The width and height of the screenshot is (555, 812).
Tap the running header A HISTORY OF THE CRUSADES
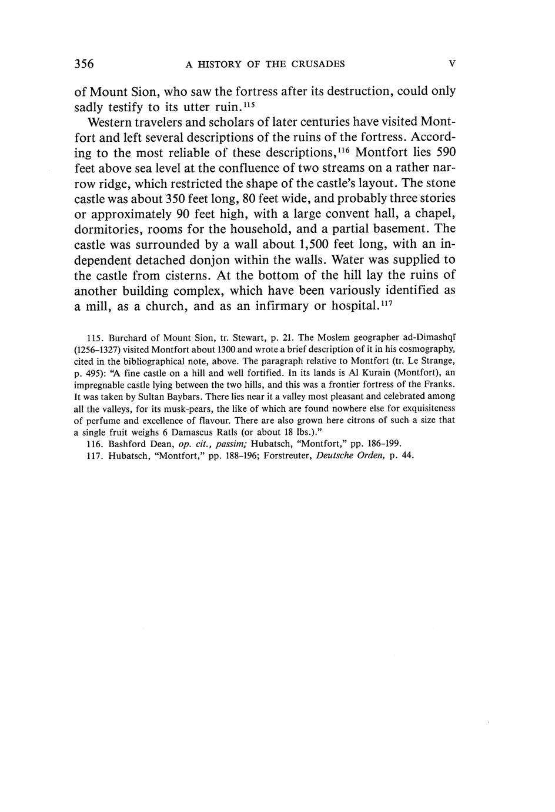click(265, 64)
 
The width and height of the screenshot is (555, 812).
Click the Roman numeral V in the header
click(452, 64)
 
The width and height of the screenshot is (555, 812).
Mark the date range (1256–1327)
click(97, 350)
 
